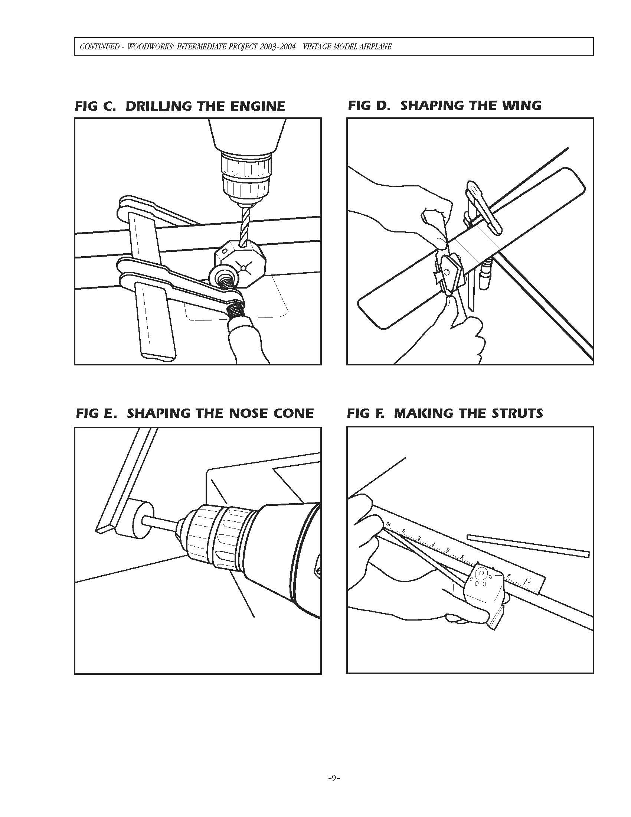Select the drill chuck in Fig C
pos(247,176)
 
